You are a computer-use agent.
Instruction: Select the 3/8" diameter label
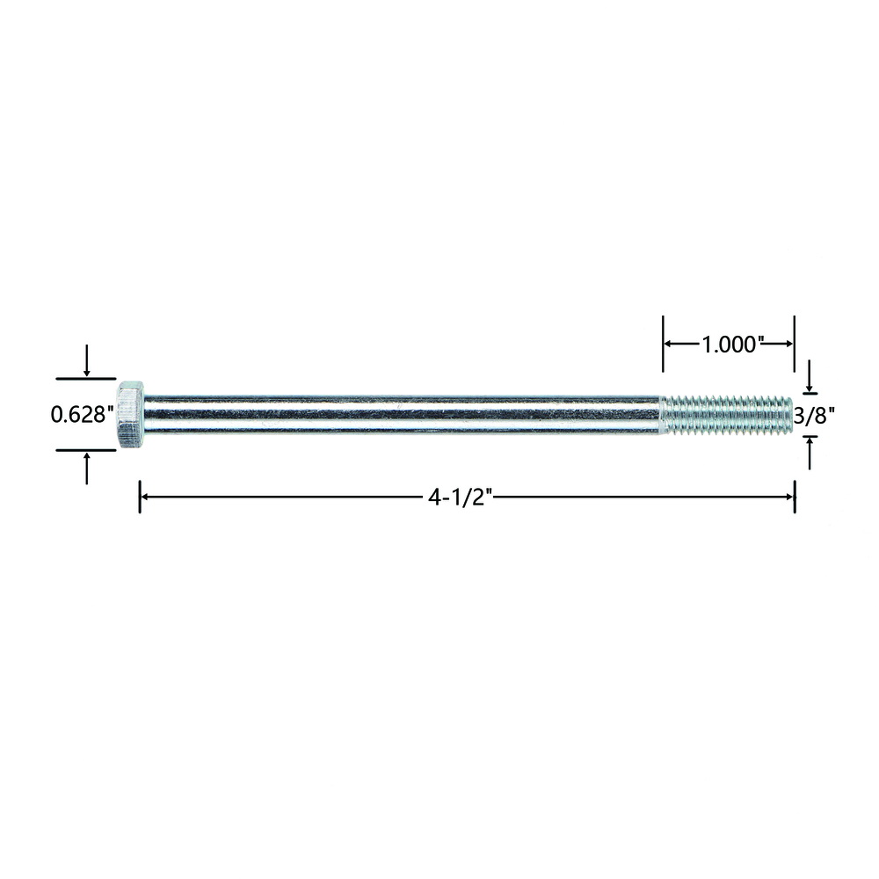click(x=815, y=416)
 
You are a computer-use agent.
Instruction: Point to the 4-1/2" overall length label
click(x=460, y=498)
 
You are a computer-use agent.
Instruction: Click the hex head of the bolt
click(x=131, y=414)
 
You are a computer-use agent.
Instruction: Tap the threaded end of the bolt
click(x=727, y=416)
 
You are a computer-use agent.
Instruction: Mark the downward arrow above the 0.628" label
click(x=86, y=360)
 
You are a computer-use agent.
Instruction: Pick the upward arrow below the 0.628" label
click(x=86, y=469)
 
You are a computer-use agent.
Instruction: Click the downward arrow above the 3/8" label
click(x=809, y=376)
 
